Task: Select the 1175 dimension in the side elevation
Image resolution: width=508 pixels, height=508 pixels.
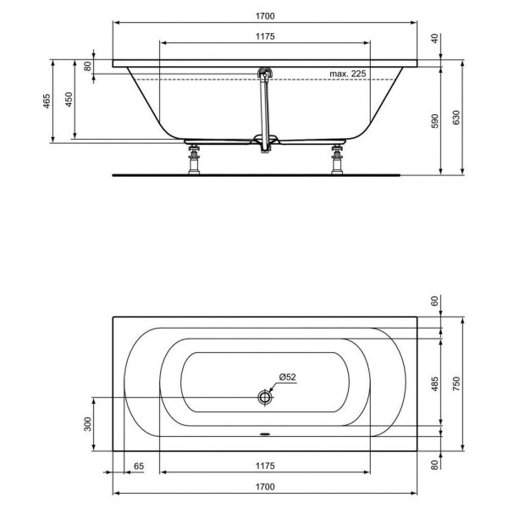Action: pos(265,37)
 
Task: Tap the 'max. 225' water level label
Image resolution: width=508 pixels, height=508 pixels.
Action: pos(348,75)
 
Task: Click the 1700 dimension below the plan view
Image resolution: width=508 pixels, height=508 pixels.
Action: pos(265,488)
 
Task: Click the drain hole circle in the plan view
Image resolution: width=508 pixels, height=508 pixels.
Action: pos(265,396)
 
